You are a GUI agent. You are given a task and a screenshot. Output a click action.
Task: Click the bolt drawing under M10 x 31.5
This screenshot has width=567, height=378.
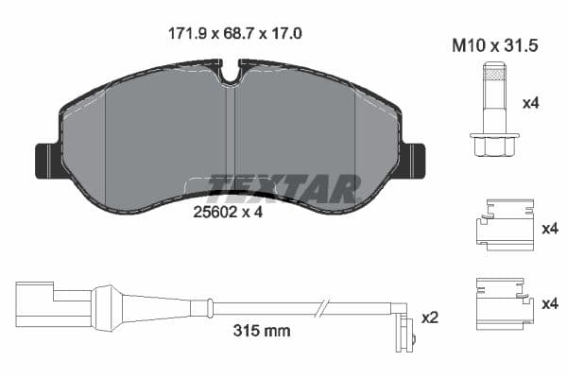[x=493, y=110]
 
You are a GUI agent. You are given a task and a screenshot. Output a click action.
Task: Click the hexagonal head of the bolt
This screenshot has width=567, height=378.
[x=493, y=143]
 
